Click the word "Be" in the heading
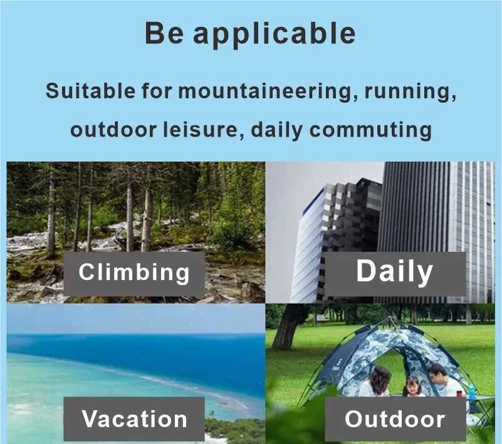[164, 33]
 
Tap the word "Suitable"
[90, 91]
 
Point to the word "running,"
[410, 93]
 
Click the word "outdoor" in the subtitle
[113, 130]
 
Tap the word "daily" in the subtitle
[276, 131]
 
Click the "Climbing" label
[134, 273]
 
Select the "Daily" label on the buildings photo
[395, 272]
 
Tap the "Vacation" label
[134, 419]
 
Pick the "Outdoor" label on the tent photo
[395, 419]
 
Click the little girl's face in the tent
[412, 387]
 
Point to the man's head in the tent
[437, 373]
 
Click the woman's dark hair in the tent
[380, 376]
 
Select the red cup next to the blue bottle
[460, 393]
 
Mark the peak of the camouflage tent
[390, 318]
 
